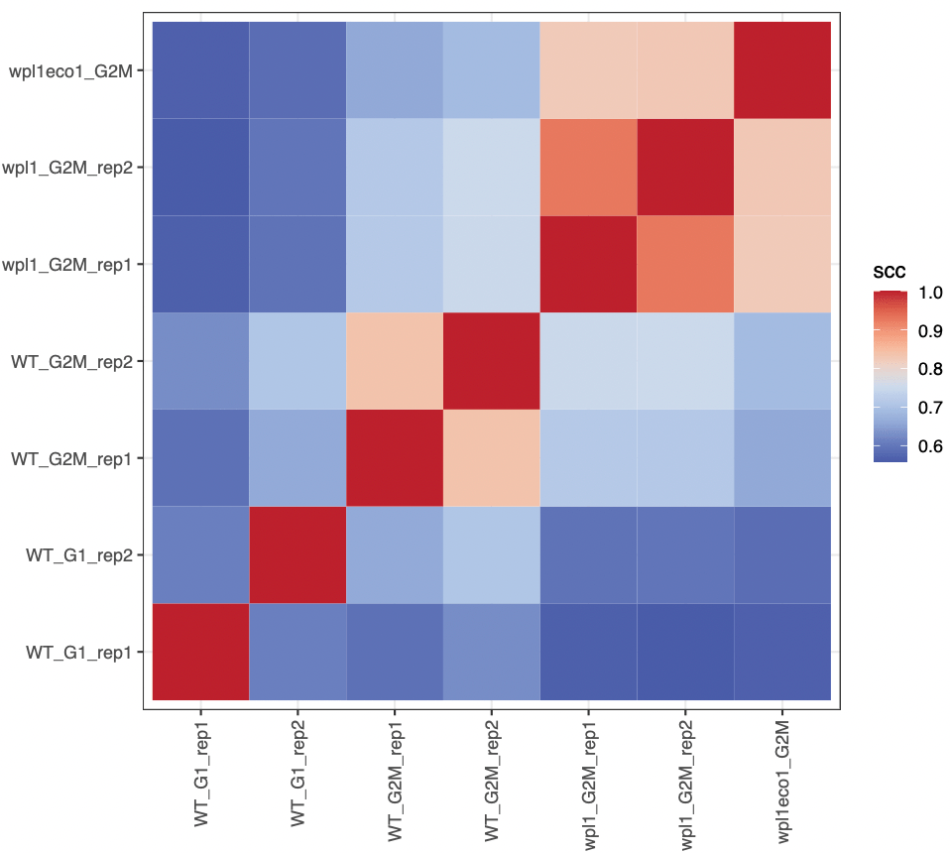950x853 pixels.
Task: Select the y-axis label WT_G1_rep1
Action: [78, 653]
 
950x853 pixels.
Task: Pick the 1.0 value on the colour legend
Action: [929, 294]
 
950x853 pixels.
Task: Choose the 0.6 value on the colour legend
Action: [929, 446]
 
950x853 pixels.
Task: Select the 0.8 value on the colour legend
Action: [929, 370]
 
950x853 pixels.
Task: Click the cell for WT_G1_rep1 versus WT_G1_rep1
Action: [200, 653]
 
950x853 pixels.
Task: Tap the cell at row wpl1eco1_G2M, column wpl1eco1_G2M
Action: [782, 70]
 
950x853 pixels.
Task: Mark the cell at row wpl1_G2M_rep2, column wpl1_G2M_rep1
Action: [588, 167]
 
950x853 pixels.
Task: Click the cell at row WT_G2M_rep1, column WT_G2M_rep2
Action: [491, 458]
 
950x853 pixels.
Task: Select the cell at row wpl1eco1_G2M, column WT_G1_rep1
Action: [200, 70]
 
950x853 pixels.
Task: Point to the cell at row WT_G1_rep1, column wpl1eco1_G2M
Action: [782, 653]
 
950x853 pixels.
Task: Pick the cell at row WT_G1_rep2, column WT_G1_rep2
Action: [297, 555]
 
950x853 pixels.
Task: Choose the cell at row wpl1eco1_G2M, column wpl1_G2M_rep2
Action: [685, 70]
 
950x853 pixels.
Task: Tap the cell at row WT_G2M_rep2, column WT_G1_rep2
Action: [297, 361]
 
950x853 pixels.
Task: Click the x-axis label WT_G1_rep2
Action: [297, 768]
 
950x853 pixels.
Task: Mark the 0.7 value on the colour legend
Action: [929, 408]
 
